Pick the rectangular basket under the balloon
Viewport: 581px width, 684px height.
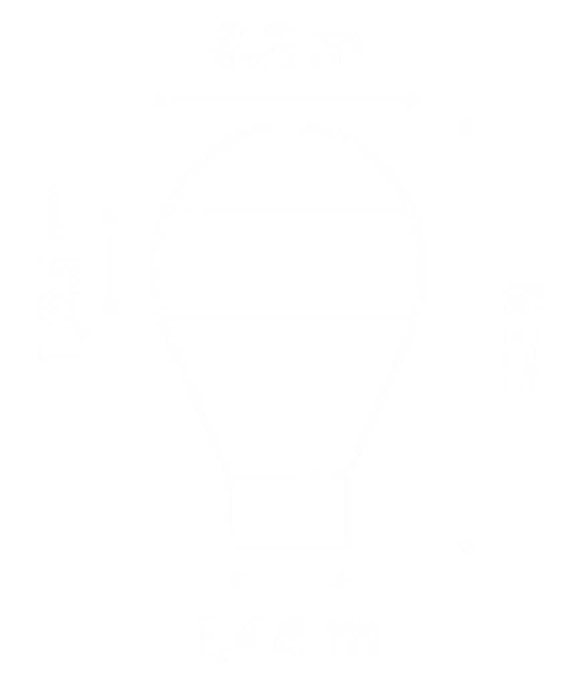pyautogui.click(x=289, y=510)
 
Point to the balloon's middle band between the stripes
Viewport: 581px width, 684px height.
pyautogui.click(x=288, y=263)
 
